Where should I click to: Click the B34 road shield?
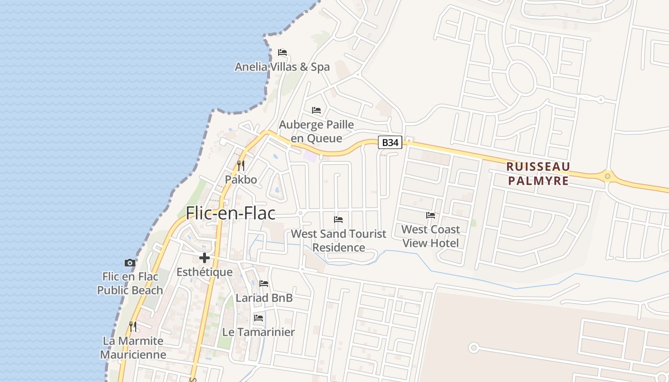point(390,142)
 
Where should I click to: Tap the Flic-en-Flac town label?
point(230,212)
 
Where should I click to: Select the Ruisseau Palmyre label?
point(538,173)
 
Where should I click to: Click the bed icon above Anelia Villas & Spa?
point(282,53)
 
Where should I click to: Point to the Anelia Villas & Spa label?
point(282,67)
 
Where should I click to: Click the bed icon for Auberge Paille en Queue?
point(316,110)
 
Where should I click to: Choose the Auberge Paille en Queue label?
point(316,131)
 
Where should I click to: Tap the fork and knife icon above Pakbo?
point(241,166)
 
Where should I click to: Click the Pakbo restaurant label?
point(241,180)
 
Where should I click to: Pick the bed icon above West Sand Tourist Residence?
point(338,220)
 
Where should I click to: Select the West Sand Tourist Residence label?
point(338,241)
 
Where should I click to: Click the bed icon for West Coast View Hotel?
point(431,215)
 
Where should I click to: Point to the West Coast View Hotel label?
point(431,236)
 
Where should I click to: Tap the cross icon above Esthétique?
point(205,258)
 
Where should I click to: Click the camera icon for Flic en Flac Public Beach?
point(129,263)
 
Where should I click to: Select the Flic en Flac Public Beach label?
point(130,283)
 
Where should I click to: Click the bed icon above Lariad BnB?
point(264,284)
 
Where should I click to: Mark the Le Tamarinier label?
point(259,332)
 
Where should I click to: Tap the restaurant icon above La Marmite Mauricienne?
point(133,327)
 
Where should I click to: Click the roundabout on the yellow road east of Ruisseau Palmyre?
point(607,176)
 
